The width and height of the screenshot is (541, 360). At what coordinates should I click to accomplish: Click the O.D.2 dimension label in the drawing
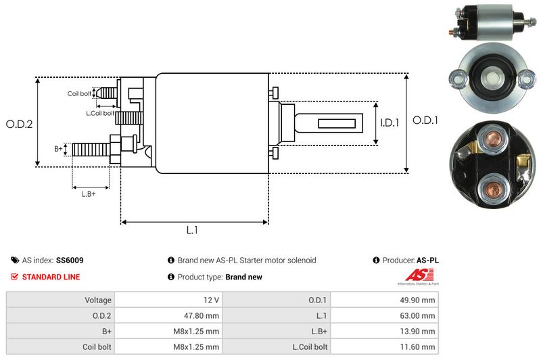tap(20, 124)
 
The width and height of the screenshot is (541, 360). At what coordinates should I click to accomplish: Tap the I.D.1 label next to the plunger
tap(390, 123)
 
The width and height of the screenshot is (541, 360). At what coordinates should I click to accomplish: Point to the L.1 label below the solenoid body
tap(193, 230)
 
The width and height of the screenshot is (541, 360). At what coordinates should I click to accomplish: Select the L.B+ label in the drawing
tap(89, 194)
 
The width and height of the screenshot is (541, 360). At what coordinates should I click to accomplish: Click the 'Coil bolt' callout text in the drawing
tap(79, 93)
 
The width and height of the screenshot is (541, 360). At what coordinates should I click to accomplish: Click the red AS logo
tap(414, 275)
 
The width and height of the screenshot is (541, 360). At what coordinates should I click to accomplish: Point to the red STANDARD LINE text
tap(51, 277)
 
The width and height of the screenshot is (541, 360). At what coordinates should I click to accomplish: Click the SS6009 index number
tap(70, 260)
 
